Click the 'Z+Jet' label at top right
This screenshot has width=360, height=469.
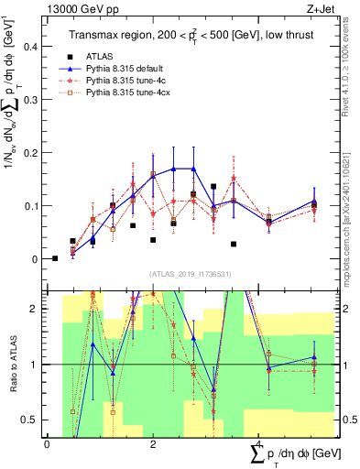[x=332, y=7]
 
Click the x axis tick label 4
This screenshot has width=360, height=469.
[x=259, y=443]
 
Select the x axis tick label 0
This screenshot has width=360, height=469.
[x=47, y=443]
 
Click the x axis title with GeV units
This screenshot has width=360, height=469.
[x=293, y=454]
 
